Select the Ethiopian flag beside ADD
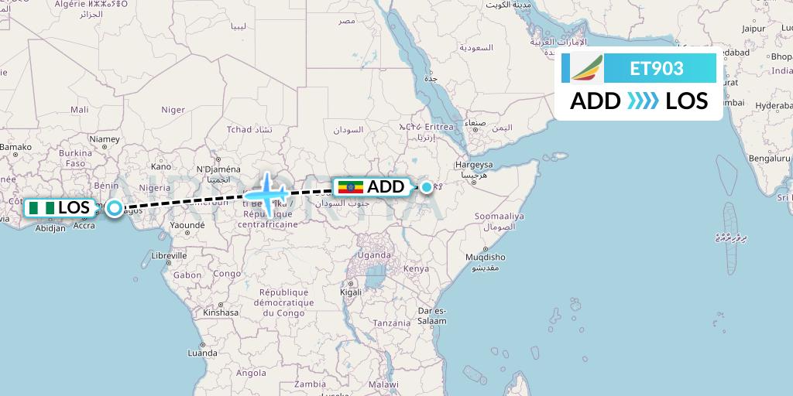click(351, 187)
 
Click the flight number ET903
click(657, 69)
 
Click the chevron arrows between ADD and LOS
click(642, 101)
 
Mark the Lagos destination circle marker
click(115, 208)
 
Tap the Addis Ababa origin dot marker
click(427, 186)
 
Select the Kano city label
click(161, 166)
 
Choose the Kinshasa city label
click(220, 312)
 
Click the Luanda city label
click(202, 353)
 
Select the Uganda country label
click(374, 255)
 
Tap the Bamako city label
click(15, 146)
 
